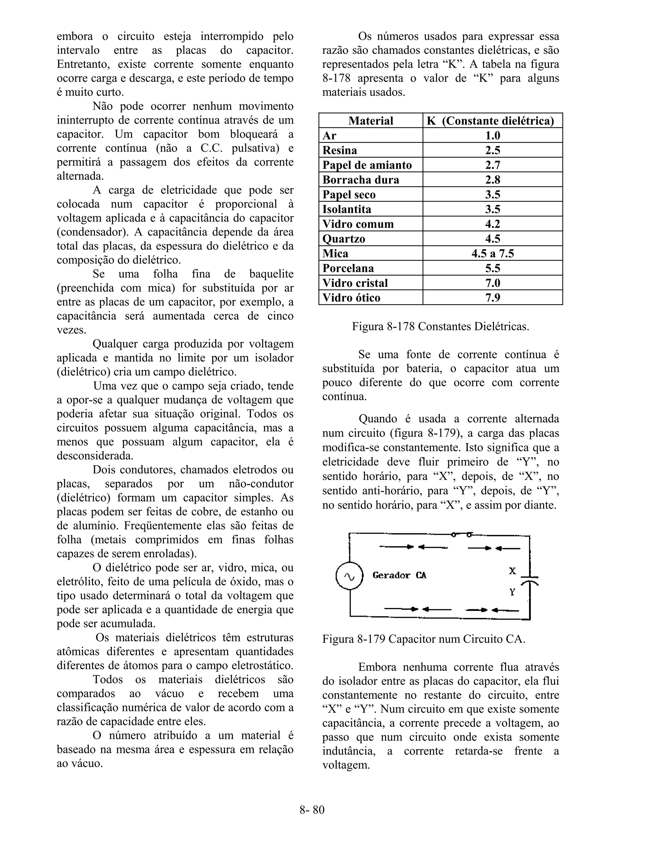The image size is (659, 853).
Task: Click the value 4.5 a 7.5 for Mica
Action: click(492, 253)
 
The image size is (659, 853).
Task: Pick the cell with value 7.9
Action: click(492, 298)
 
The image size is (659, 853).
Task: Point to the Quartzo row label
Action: click(344, 239)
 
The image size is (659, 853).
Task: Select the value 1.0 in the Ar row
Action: click(492, 136)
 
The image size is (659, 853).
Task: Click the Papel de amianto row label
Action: click(367, 165)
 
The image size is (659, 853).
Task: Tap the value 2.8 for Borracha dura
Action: click(492, 180)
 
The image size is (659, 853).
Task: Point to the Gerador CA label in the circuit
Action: click(399, 575)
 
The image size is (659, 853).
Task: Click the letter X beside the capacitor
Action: click(513, 571)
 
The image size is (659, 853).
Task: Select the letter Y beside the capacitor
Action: click(513, 593)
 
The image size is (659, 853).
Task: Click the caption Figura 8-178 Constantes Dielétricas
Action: click(441, 326)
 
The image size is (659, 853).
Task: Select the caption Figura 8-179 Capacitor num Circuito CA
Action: click(423, 639)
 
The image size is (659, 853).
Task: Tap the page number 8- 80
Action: click(312, 810)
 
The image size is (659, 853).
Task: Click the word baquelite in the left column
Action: click(271, 274)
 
